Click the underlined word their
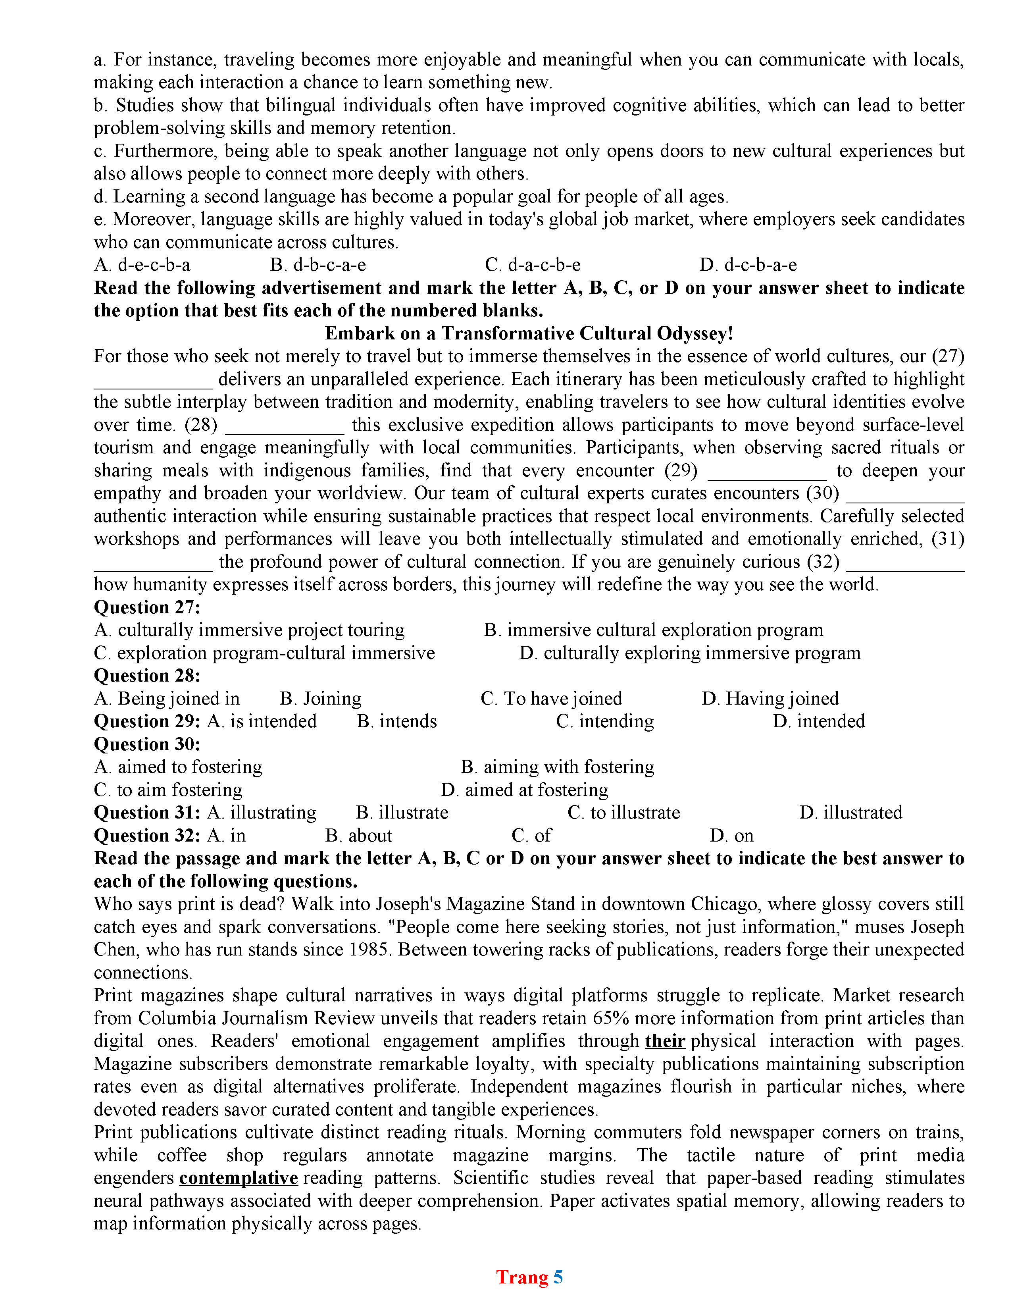tap(665, 1041)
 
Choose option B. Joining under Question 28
tap(321, 698)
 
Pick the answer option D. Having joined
tap(770, 698)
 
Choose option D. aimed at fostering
tap(525, 790)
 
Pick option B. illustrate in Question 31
tap(402, 813)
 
